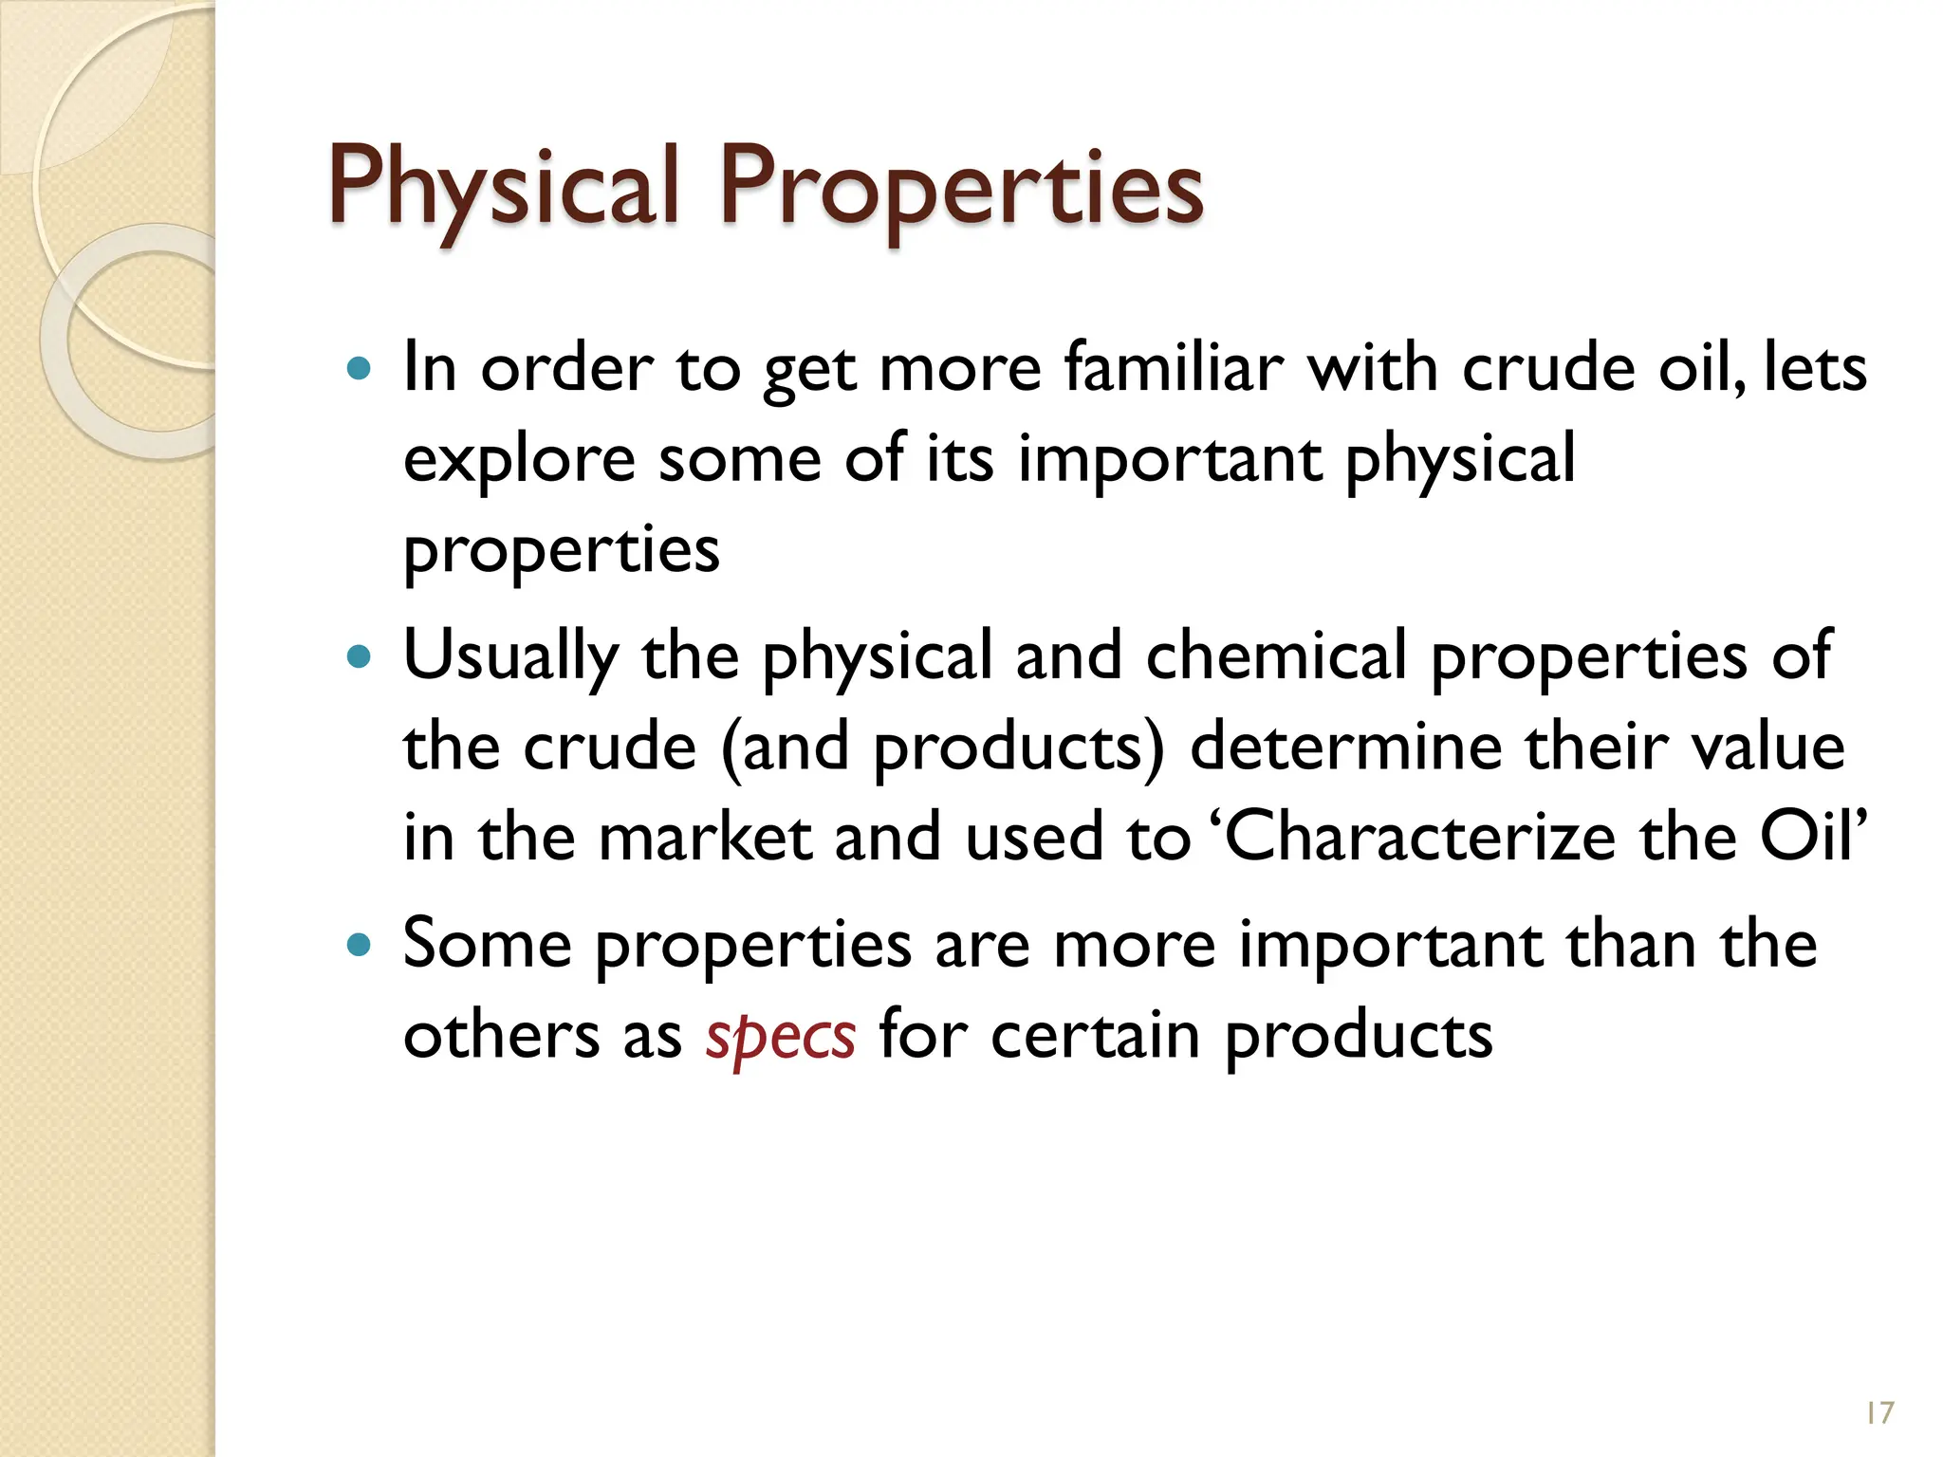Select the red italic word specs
point(780,1036)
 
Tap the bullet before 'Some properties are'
point(359,945)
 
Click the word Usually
point(510,657)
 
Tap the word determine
point(1346,747)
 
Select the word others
point(501,1036)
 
